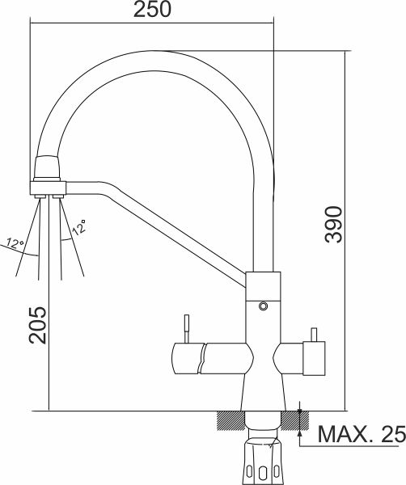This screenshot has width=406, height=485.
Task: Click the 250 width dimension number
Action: tap(152, 9)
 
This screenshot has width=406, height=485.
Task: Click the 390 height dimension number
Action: tap(333, 225)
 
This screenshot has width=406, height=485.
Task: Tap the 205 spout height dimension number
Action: tap(37, 325)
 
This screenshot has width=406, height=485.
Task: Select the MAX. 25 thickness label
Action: tap(362, 434)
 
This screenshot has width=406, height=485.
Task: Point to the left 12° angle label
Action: tap(15, 243)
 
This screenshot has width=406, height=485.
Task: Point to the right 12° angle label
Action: tap(79, 226)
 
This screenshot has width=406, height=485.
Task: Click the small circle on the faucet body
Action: tap(263, 306)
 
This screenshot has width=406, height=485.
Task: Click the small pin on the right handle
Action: tap(314, 335)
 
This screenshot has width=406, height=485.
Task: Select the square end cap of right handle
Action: tap(314, 358)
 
